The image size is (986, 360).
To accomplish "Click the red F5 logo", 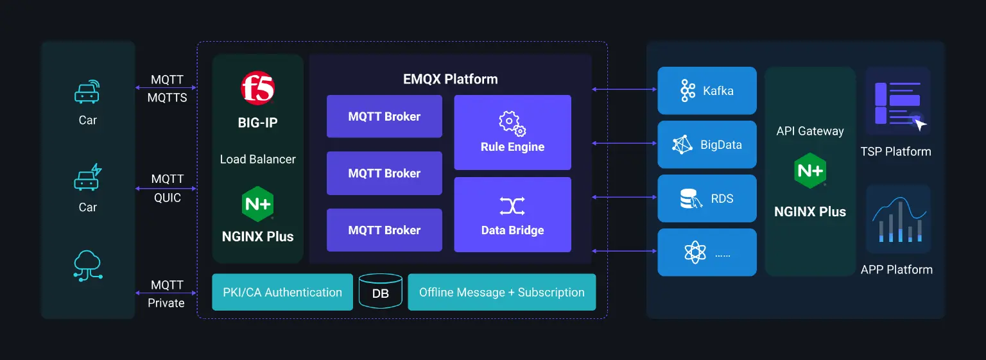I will tap(257, 89).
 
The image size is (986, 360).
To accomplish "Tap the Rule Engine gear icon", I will tap(512, 123).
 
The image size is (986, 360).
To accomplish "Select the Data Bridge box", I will tap(512, 214).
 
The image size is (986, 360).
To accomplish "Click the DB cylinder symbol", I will tap(381, 292).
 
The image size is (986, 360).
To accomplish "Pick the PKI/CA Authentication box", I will tap(282, 292).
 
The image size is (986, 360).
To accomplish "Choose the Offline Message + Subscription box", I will tap(501, 292).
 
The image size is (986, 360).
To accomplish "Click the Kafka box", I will tap(707, 90).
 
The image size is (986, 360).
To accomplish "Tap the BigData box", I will tap(707, 144).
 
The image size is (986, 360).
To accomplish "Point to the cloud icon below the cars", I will tap(88, 265).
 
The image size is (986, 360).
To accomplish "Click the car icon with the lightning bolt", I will tap(88, 178).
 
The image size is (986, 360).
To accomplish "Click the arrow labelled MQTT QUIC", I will tap(166, 188).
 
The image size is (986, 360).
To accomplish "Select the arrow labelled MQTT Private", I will tap(166, 293).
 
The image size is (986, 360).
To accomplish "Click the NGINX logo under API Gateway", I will tap(809, 170).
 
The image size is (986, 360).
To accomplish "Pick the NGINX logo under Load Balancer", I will tap(257, 204).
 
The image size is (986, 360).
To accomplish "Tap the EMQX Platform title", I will tap(450, 80).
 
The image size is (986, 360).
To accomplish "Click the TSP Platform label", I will tap(895, 151).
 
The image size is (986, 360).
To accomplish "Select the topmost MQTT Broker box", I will tap(384, 116).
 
